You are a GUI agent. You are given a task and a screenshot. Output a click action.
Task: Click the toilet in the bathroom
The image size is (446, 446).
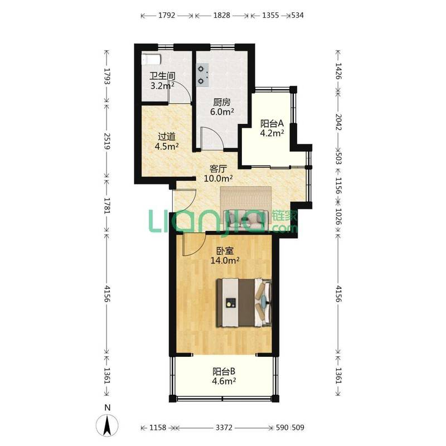pos(151,60)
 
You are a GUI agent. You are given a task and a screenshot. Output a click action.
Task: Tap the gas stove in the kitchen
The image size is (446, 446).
pos(202,75)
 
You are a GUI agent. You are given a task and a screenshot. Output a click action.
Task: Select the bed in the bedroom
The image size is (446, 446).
pos(244,302)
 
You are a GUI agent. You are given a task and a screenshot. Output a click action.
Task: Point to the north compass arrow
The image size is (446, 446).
pos(107,425)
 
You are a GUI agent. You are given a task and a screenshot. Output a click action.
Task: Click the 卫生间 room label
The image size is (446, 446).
pos(162,76)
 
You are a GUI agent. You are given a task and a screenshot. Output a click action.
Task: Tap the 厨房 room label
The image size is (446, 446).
pos(222,102)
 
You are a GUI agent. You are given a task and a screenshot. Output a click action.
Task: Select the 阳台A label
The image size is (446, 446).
pos(272,123)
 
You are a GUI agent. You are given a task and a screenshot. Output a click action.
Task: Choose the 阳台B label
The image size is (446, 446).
pos(224,371)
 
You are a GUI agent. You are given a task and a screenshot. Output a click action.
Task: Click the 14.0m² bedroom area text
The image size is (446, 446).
pos(225,260)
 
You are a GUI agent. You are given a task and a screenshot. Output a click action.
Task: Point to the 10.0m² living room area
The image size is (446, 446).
pos(218,178)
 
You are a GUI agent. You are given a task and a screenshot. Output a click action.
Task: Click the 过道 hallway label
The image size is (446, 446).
pos(166,137)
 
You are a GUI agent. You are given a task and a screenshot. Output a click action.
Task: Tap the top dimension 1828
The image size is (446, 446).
pos(221,15)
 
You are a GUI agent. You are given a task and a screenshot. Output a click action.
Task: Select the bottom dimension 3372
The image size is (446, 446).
pos(224,427)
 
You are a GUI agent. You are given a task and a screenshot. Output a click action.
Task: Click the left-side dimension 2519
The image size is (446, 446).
pos(107,141)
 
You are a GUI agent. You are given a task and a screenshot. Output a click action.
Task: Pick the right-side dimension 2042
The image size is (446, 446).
pos(338,122)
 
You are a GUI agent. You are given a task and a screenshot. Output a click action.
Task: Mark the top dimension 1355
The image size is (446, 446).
pos(270,15)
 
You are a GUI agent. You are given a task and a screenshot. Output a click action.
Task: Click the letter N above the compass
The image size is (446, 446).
pos(107,408)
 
